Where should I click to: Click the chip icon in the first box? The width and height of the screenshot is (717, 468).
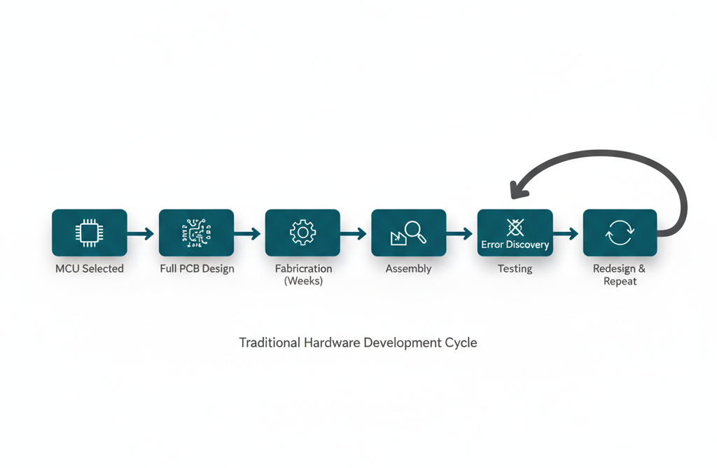coord(89,232)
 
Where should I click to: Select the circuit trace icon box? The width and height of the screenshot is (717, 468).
coord(196,232)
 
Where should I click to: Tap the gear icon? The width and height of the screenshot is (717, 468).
coord(302,232)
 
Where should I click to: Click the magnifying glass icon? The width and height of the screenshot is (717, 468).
coord(415,230)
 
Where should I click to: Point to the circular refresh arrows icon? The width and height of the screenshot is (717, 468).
coord(620,233)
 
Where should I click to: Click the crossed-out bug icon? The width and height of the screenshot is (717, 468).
coord(515,226)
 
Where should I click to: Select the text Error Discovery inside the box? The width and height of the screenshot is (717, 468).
coord(515,245)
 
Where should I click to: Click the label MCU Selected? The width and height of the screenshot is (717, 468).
coord(90,268)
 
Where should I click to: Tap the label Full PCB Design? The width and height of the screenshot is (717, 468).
coord(197,268)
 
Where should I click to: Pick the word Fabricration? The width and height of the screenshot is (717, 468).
coord(303,268)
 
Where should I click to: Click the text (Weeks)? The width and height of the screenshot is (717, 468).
coord(302,281)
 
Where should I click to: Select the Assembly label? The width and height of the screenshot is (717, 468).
coord(408,268)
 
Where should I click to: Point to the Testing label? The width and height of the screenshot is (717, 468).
coord(515,268)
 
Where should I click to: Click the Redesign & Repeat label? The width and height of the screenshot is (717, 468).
coord(620,275)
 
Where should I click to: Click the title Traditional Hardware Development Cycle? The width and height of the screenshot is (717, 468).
coord(358,343)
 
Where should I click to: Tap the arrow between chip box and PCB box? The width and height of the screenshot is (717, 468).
coord(142,233)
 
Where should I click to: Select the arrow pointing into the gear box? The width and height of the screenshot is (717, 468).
coord(249,233)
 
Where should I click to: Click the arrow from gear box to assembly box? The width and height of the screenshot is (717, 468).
coord(355,233)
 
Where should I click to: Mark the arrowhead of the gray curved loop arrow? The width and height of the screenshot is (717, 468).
coord(517,188)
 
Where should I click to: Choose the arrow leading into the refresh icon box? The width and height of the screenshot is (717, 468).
coord(568,233)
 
